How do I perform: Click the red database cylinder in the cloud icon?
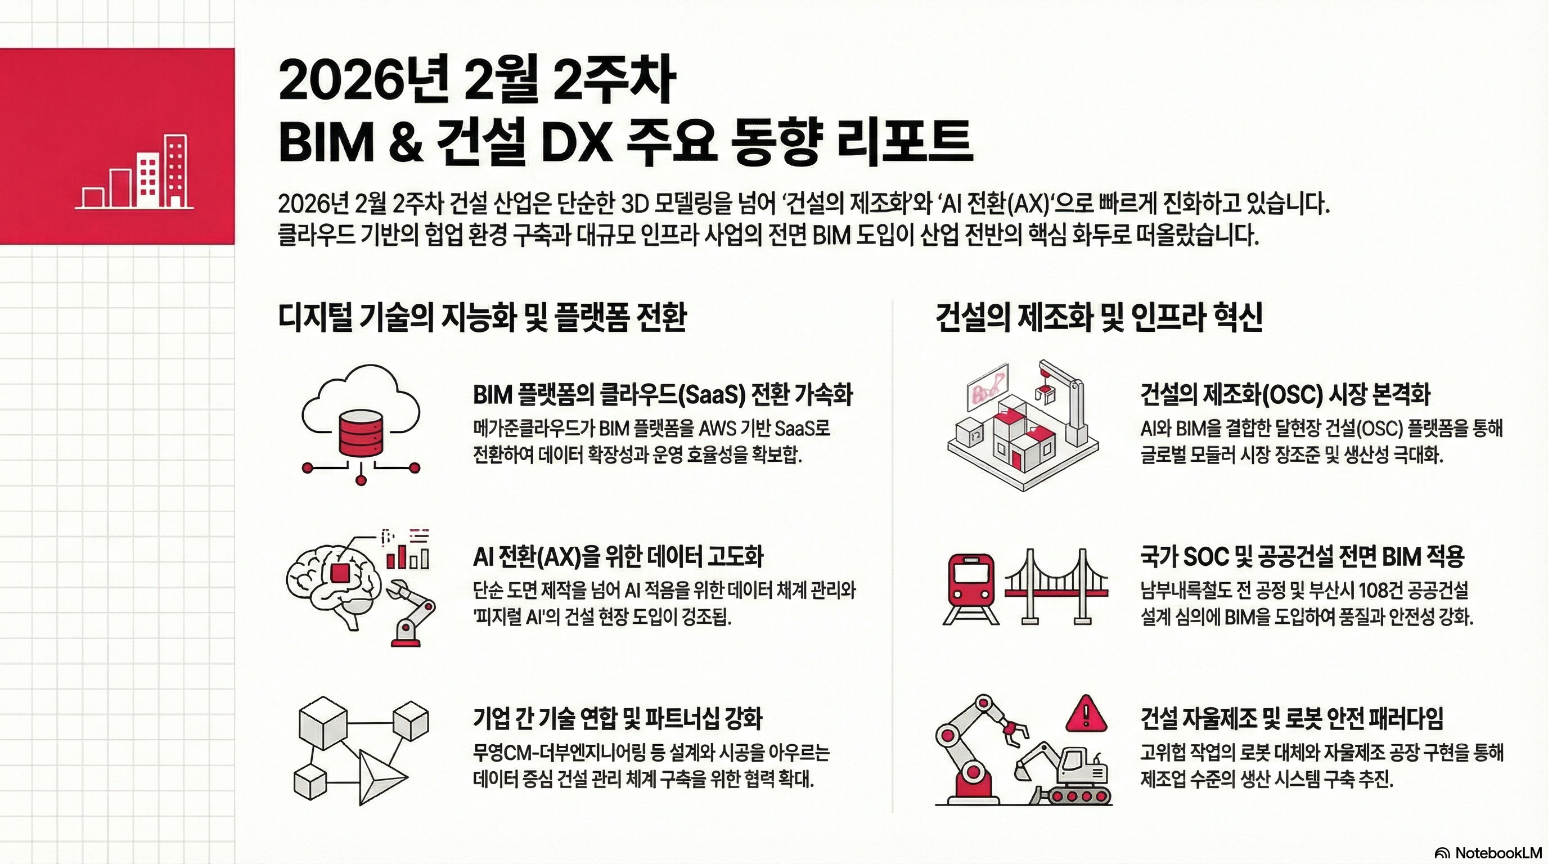click(x=361, y=434)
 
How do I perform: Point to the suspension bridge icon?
click(x=1056, y=586)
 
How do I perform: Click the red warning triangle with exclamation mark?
click(x=1086, y=714)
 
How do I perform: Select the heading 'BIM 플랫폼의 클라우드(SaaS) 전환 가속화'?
click(x=663, y=395)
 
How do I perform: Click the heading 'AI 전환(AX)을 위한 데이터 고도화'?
click(x=618, y=556)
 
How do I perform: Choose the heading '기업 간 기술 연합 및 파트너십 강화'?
click(x=617, y=718)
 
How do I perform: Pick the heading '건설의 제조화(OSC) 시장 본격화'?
click(x=1285, y=395)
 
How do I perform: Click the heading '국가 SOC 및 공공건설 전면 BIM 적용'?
click(x=1302, y=556)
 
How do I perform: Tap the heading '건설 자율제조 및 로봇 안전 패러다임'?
click(x=1292, y=718)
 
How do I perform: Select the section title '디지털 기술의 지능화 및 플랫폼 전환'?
click(x=482, y=317)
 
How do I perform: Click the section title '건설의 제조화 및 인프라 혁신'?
click(x=1099, y=317)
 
